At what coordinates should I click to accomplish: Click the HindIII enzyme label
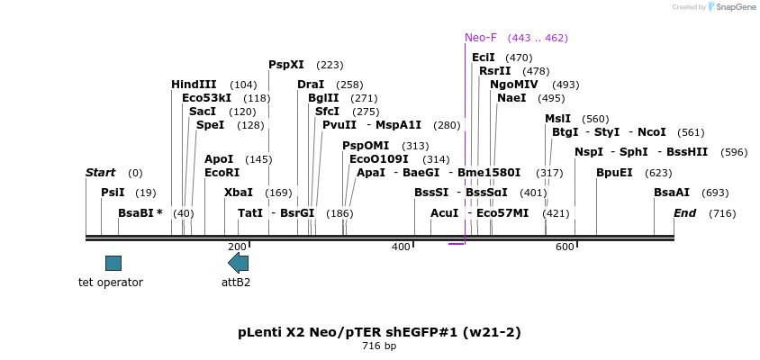194,85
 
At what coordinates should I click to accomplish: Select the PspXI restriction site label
286,65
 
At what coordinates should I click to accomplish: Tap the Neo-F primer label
480,38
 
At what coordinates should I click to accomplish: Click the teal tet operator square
113,263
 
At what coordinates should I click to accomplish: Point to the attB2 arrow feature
238,263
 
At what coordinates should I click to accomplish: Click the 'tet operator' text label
111,283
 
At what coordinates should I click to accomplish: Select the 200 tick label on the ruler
237,247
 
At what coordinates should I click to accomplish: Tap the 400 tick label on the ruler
401,247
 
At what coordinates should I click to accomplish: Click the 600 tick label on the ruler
565,247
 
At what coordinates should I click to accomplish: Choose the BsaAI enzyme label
672,193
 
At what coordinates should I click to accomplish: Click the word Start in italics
100,173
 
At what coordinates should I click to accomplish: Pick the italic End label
684,213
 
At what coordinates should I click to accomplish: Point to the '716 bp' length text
379,346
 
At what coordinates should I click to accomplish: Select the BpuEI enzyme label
614,173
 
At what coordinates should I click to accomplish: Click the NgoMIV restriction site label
513,85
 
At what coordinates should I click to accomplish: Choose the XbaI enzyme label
239,193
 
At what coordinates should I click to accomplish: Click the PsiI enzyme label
113,193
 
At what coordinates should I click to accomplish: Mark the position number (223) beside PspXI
330,65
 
